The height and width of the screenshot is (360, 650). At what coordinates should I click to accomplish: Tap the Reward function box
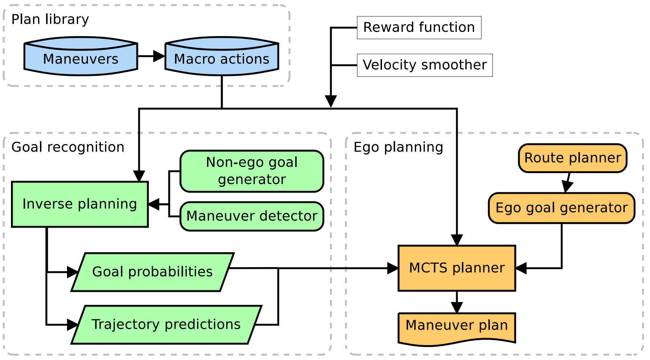[x=419, y=28]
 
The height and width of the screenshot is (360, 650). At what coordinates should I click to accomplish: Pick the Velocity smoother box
[x=424, y=65]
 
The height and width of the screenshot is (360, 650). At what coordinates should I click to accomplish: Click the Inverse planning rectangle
[x=80, y=204]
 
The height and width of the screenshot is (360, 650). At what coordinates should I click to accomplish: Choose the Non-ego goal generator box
[x=252, y=171]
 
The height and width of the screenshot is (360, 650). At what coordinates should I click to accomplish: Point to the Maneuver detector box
[x=252, y=216]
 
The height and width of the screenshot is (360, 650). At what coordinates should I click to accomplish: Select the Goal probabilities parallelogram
[x=153, y=272]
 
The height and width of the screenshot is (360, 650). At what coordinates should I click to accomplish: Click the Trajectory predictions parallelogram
[x=166, y=324]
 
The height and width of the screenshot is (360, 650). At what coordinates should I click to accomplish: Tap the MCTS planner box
[x=457, y=268]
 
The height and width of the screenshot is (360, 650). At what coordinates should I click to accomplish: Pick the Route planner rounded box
[x=573, y=158]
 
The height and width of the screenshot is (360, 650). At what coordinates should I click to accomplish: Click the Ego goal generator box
[x=561, y=208]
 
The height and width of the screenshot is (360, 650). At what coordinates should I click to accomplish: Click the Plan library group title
[x=50, y=19]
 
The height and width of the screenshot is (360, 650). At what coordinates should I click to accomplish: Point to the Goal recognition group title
[x=68, y=147]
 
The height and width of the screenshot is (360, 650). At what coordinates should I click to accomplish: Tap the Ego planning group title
[x=398, y=147]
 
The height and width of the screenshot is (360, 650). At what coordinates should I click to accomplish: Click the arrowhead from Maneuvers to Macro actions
[x=159, y=56]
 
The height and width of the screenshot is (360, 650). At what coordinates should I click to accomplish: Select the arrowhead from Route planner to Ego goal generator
[x=567, y=187]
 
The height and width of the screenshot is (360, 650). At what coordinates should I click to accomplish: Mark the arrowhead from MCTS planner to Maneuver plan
[x=457, y=307]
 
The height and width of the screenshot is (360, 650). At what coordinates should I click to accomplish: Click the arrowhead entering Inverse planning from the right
[x=154, y=204]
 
